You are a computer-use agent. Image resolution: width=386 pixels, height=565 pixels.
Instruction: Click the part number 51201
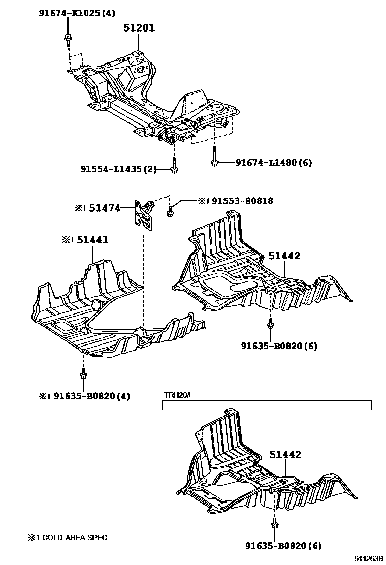tap(139, 28)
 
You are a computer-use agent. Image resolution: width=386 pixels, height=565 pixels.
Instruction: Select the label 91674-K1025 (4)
tap(77, 13)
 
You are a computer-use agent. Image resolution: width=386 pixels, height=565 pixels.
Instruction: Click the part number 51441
tap(93, 239)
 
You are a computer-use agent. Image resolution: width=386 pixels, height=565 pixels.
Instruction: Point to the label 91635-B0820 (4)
tap(91, 396)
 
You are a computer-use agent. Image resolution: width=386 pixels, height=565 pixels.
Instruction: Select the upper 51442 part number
tap(285, 256)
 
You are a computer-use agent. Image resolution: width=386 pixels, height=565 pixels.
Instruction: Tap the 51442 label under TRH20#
tap(285, 455)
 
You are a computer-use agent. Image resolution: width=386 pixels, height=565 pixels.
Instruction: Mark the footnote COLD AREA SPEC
tap(68, 537)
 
